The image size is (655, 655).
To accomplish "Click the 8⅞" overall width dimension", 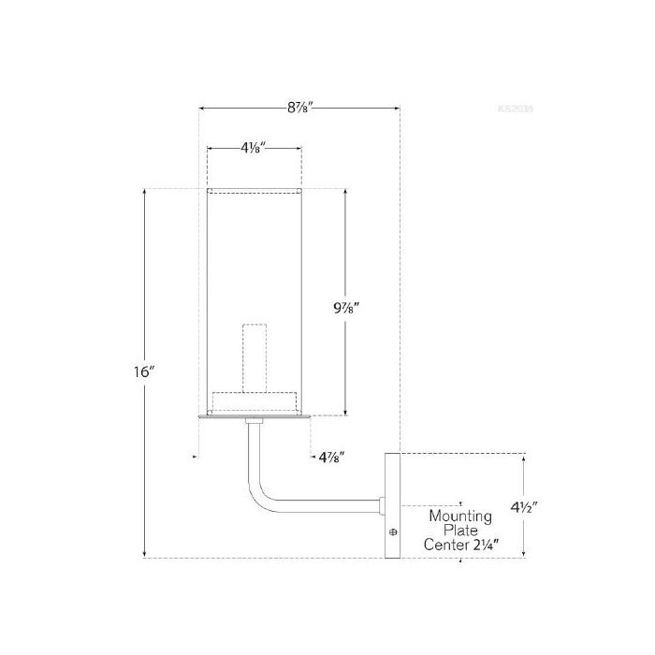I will pyautogui.click(x=299, y=108).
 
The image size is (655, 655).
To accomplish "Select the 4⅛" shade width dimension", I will pyautogui.click(x=254, y=147).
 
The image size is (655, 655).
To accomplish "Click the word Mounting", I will pyautogui.click(x=461, y=516).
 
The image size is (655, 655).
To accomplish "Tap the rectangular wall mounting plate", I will pyautogui.click(x=392, y=505).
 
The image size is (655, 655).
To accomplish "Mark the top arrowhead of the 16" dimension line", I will pyautogui.click(x=145, y=193).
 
